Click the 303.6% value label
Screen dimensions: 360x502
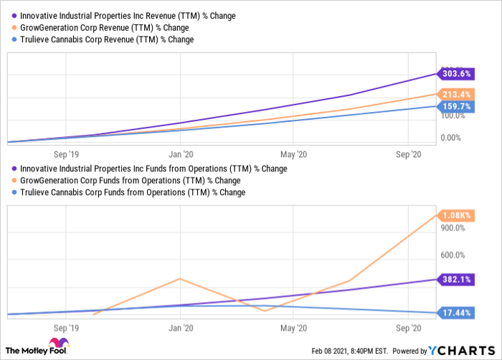coord(456,73)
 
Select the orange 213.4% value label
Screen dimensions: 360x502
coord(456,94)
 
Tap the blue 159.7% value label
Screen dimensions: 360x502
coord(456,107)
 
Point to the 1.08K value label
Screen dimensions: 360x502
coord(456,214)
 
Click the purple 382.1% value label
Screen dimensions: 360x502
coord(456,279)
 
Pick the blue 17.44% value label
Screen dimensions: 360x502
coord(456,313)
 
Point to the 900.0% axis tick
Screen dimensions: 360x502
coord(453,228)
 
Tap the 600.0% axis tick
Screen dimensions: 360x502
coord(453,255)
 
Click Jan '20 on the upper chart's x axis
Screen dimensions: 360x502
coord(179,153)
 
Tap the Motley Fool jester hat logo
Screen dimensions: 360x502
coord(59,344)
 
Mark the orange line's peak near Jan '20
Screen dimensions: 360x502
coord(179,278)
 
